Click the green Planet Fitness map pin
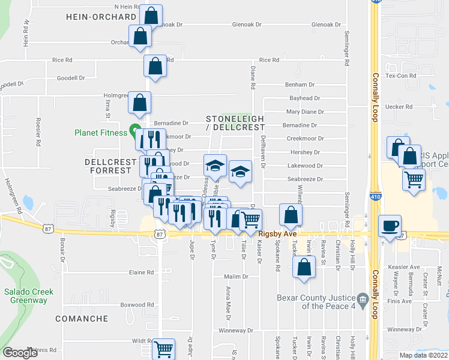134,130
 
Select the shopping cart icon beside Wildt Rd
163,349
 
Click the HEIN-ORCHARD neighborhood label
101,17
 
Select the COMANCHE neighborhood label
82,319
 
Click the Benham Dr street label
300,85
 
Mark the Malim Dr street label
236,277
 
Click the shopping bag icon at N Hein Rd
151,14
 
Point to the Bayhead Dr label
305,98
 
